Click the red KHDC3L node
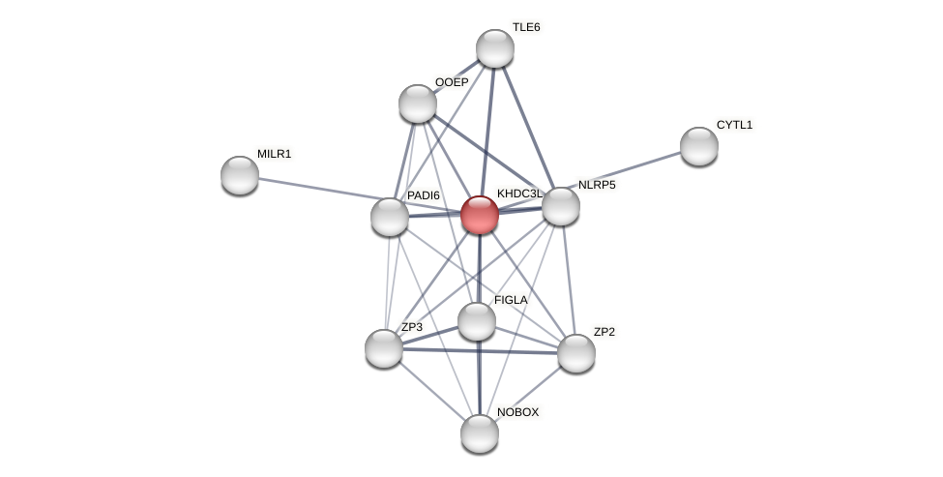click(480, 215)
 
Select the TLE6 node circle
click(495, 48)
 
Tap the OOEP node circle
click(418, 104)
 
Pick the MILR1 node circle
click(240, 175)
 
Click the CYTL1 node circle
click(698, 146)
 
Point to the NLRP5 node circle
click(561, 206)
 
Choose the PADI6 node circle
click(390, 217)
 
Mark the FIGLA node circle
click(477, 321)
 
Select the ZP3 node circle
click(384, 348)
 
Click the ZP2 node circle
click(576, 353)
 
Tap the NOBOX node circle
click(480, 433)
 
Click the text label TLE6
click(526, 27)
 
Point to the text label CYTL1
click(734, 125)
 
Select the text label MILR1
click(274, 154)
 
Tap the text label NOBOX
click(517, 412)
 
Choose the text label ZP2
click(604, 332)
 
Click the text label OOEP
click(451, 82)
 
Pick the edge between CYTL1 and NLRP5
click(630, 176)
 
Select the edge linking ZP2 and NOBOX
click(528, 394)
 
